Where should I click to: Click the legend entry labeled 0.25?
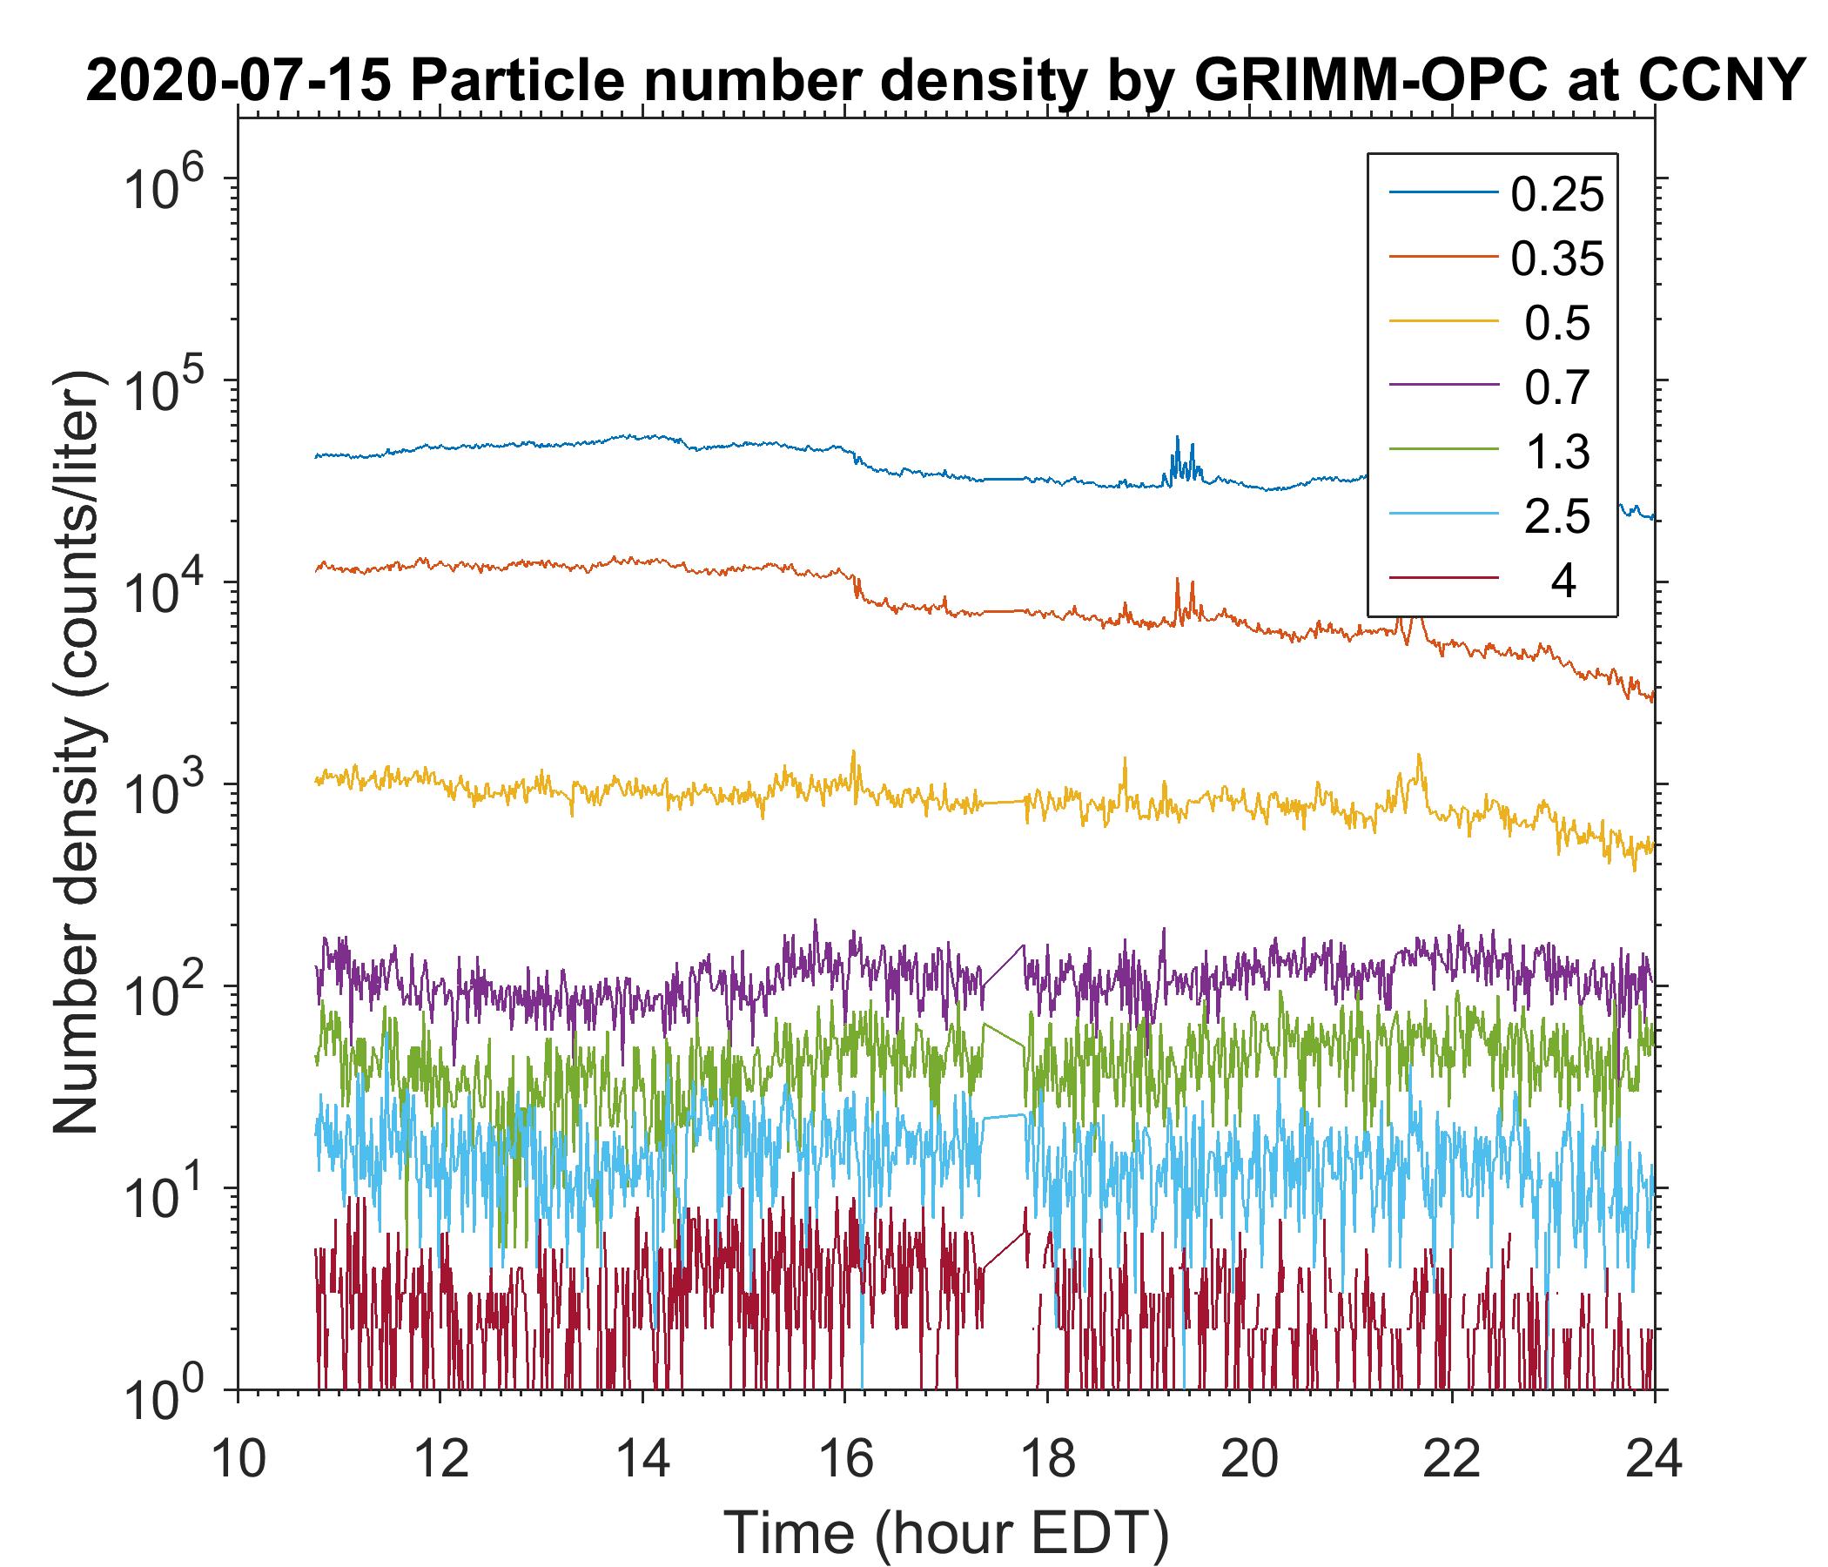(x=1557, y=194)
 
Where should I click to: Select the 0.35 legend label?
(x=1557, y=259)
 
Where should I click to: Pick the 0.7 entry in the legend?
(x=1557, y=387)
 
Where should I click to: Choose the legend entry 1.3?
(x=1557, y=452)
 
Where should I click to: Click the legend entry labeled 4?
(x=1563, y=582)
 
